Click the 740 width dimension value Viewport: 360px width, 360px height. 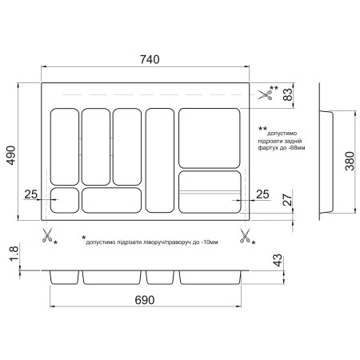point(150,59)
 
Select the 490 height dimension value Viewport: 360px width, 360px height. point(11,155)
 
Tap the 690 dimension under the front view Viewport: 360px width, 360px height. point(145,300)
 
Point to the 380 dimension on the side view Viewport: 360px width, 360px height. point(350,161)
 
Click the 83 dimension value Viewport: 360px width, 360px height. point(288,94)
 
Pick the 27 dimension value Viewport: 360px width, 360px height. point(288,199)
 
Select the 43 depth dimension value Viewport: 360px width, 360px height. point(278,260)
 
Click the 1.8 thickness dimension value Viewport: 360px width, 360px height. point(14,254)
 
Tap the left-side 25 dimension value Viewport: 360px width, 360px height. point(31,194)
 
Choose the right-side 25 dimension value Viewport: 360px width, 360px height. point(262,194)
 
